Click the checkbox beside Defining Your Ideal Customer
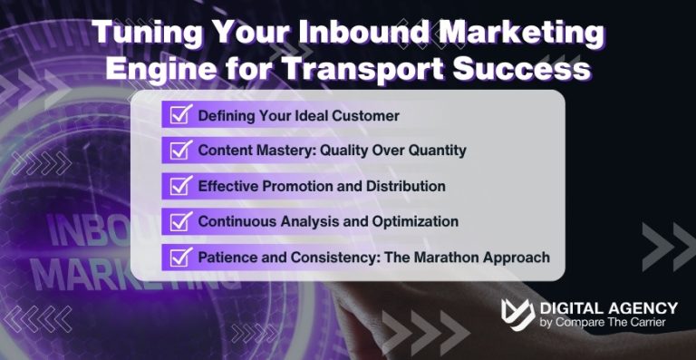click(179, 115)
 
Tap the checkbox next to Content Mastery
click(179, 151)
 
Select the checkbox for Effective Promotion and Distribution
click(179, 186)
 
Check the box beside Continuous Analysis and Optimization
click(179, 221)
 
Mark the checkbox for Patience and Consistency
click(179, 257)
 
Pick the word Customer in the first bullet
click(366, 116)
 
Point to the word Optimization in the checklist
click(412, 222)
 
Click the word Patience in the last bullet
click(227, 258)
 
